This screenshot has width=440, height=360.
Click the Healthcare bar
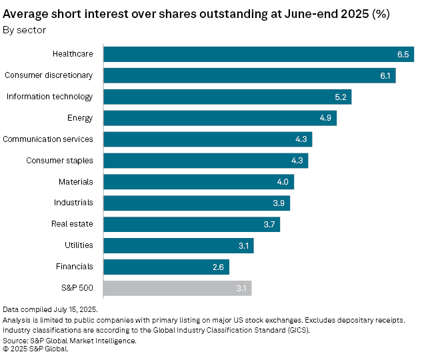259,54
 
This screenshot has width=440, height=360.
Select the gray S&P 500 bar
177,288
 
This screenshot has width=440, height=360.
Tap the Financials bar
166,267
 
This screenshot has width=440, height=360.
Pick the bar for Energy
220,118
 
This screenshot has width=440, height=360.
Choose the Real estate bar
191,224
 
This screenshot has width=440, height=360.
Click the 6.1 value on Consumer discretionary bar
385,75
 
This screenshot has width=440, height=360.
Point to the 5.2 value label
341,97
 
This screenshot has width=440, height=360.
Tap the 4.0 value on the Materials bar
283,182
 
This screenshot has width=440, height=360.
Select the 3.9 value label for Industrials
279,203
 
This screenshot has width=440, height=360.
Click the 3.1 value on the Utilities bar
243,245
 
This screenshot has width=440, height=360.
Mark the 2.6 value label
219,267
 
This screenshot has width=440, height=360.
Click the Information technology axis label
49,97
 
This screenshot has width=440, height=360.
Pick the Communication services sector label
48,139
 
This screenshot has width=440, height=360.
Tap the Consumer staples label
60,161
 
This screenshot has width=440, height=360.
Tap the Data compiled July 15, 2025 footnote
51,310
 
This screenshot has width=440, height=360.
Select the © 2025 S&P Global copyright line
35,348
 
